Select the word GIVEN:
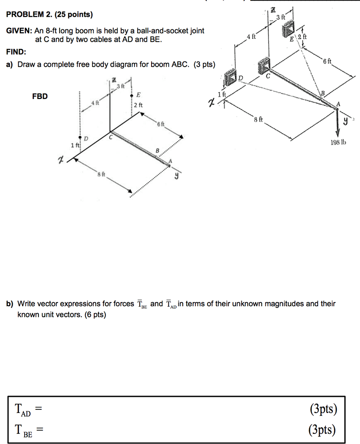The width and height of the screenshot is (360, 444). pyautogui.click(x=19, y=31)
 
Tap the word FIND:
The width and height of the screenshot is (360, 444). pyautogui.click(x=16, y=52)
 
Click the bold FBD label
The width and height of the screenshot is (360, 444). pyautogui.click(x=39, y=97)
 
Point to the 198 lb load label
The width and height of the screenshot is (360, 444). pyautogui.click(x=338, y=143)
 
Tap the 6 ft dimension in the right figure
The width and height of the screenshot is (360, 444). pyautogui.click(x=327, y=62)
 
